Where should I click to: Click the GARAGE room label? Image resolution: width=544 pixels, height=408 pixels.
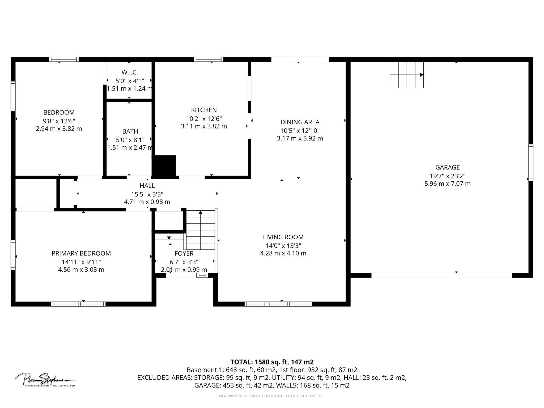pos(447,167)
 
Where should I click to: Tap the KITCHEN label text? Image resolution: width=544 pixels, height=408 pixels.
pos(204,110)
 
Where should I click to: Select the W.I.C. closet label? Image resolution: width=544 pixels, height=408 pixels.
pos(130,72)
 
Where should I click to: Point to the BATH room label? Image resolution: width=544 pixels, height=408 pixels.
pos(130,131)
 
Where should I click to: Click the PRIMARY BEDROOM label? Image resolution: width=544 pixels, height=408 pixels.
pos(81,253)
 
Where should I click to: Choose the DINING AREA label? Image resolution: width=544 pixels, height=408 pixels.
pos(300,122)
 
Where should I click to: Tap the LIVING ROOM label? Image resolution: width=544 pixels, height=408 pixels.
pos(283,237)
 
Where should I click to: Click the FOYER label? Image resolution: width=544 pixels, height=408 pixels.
pos(184,253)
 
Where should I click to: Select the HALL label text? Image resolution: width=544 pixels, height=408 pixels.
pos(147,186)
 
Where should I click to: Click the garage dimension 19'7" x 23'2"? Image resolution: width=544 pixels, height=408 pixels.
pos(447,176)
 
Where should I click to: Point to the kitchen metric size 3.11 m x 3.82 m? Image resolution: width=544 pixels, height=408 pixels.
pos(204,126)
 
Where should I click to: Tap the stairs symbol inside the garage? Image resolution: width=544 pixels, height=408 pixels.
pos(406,75)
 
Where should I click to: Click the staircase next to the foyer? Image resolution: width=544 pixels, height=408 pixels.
pos(201,230)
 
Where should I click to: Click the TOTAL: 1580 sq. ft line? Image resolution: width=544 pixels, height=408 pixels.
pos(272,362)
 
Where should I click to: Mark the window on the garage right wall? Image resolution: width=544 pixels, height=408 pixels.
pos(530,163)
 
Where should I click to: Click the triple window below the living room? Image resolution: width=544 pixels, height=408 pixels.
pos(278,304)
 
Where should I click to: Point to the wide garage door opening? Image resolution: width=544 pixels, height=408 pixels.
pos(441,275)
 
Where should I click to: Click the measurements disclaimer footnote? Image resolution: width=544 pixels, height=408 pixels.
pos(270,396)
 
